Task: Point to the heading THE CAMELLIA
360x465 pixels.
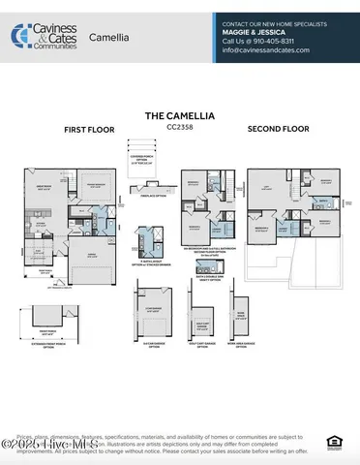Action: (179, 114)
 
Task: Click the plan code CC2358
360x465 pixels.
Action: (179, 125)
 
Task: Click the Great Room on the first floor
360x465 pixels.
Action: (43, 190)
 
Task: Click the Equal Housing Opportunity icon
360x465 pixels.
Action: (334, 443)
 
